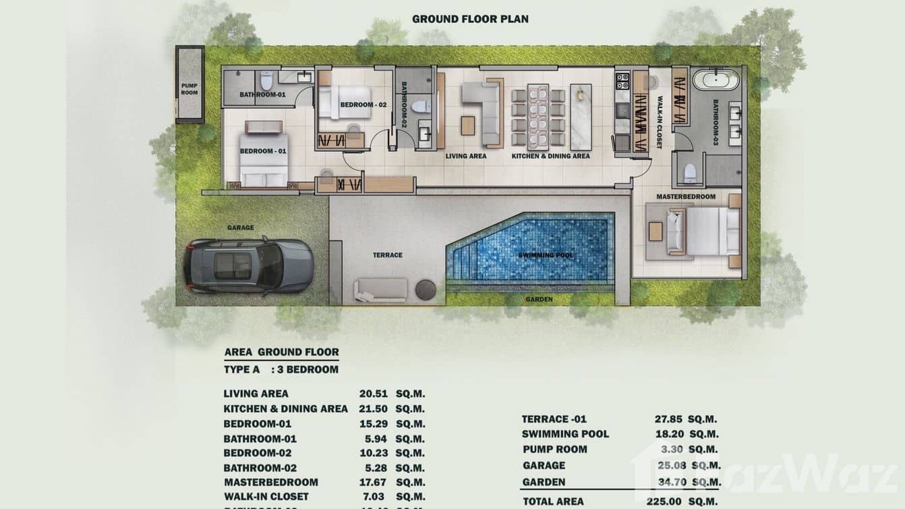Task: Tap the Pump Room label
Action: pyautogui.click(x=189, y=89)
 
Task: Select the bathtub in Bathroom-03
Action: pyautogui.click(x=716, y=80)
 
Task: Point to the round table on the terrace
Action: pyautogui.click(x=426, y=290)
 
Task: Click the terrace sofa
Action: pyautogui.click(x=380, y=290)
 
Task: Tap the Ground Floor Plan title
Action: pyautogui.click(x=470, y=19)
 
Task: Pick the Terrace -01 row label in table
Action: pyautogui.click(x=554, y=419)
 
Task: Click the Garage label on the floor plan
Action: pyautogui.click(x=241, y=227)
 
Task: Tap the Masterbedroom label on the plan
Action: pyautogui.click(x=686, y=196)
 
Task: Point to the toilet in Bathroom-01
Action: pyautogui.click(x=266, y=81)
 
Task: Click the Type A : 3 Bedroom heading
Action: pyautogui.click(x=281, y=369)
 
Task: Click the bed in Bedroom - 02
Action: pyautogui.click(x=345, y=101)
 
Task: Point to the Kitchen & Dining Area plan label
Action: pyautogui.click(x=550, y=156)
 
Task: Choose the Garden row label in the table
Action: pyautogui.click(x=544, y=482)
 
